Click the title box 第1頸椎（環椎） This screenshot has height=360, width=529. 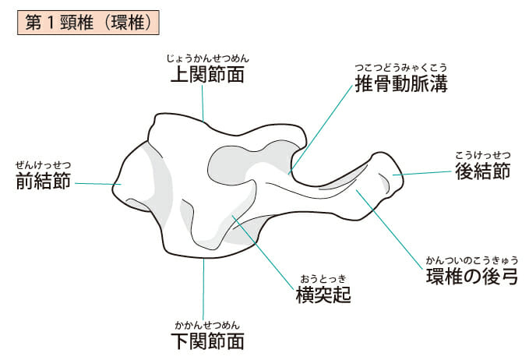[87, 21]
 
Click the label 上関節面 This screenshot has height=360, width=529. [207, 75]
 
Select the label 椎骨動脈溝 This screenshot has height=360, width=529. [400, 83]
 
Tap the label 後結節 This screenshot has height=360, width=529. [482, 171]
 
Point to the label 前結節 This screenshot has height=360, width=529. [44, 182]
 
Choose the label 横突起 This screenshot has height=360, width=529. [323, 295]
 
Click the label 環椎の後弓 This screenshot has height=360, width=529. [471, 276]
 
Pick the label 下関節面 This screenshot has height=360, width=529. [207, 341]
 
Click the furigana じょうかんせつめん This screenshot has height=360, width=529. [207, 58]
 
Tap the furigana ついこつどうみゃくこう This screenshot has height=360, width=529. [400, 66]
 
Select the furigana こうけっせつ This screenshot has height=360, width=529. [482, 154]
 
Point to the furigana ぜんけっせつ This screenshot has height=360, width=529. [44, 164]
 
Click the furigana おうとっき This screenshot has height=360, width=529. [323, 279]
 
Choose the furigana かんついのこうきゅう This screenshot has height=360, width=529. [471, 259]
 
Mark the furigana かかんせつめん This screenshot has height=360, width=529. [207, 324]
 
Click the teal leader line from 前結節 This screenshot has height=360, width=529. [97, 184]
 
